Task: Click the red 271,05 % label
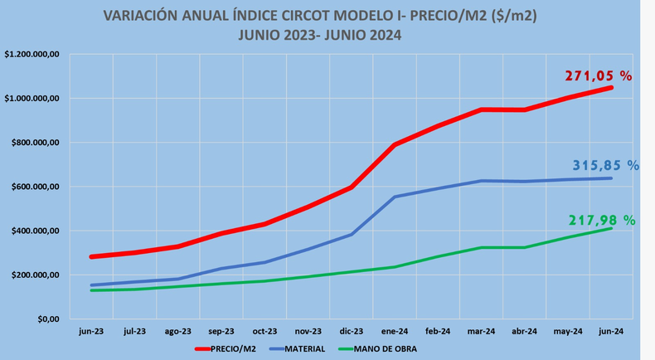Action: point(598,75)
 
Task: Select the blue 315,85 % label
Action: point(605,165)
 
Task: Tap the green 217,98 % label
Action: point(601,220)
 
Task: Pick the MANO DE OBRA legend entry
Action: point(385,349)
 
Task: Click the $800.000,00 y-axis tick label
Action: point(34,143)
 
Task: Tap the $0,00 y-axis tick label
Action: point(47,319)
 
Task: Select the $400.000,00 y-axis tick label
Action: point(34,231)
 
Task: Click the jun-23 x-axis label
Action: point(91,330)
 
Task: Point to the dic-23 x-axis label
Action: point(352,330)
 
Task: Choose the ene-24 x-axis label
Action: point(395,330)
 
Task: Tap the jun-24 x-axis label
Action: point(611,330)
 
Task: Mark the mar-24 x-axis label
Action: point(481,330)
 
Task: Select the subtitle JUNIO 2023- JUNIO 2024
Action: point(319,34)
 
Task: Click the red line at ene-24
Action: point(395,145)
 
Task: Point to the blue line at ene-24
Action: point(395,197)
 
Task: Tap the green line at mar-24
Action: point(481,247)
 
